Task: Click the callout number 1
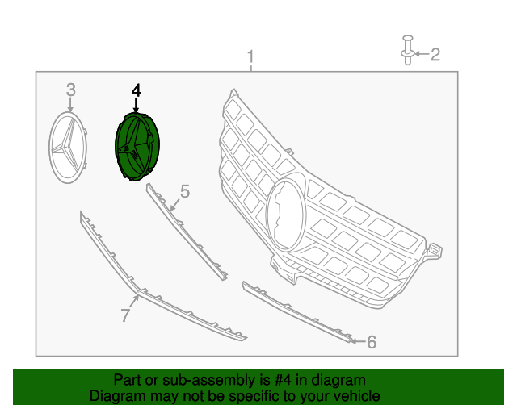[250, 57]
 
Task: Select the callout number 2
[435, 55]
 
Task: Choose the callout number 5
[184, 191]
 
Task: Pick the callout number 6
[372, 342]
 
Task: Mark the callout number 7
[125, 315]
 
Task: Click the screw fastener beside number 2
[406, 48]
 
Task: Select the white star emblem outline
[69, 147]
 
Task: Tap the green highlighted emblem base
[137, 147]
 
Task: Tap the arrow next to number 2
[421, 55]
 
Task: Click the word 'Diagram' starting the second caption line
[116, 396]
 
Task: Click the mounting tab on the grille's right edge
[434, 249]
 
